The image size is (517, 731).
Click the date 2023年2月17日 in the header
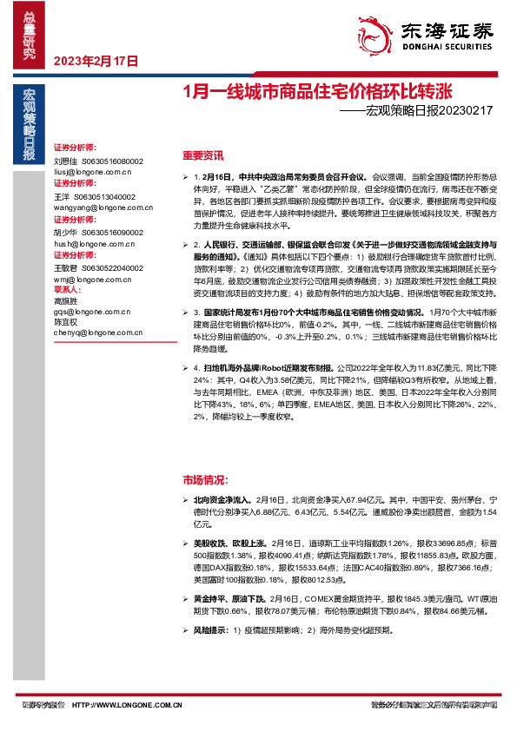[96, 62]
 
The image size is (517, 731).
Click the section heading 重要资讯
[202, 156]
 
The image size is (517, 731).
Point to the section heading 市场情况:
[205, 479]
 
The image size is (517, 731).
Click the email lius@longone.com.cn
[91, 172]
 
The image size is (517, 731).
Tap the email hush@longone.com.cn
[93, 244]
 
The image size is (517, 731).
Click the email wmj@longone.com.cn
[90, 280]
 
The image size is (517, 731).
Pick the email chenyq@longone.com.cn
[96, 333]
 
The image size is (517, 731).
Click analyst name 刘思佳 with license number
[98, 161]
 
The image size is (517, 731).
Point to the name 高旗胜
[66, 299]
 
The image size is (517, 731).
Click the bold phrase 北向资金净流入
[218, 500]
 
